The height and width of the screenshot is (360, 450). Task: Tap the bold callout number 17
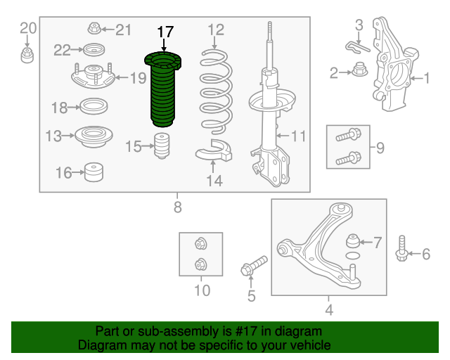[x=165, y=32]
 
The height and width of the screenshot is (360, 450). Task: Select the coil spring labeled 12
[x=216, y=92]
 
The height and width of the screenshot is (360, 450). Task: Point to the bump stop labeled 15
[x=162, y=146]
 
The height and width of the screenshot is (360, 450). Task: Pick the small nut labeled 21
[x=94, y=28]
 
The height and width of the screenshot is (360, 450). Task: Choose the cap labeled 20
[x=27, y=56]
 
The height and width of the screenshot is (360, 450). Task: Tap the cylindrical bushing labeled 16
[x=94, y=172]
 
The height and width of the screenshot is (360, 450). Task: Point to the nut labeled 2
[x=360, y=70]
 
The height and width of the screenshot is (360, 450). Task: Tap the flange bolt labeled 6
[x=401, y=248]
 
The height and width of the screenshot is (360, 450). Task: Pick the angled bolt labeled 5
[x=254, y=265]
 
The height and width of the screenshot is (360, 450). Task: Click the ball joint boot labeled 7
[x=353, y=241]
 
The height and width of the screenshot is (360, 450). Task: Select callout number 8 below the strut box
[x=178, y=207]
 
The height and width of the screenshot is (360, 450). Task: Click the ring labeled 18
[x=94, y=106]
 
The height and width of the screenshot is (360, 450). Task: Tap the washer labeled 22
[x=94, y=50]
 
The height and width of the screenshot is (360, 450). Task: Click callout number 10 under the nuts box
[x=202, y=290]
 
